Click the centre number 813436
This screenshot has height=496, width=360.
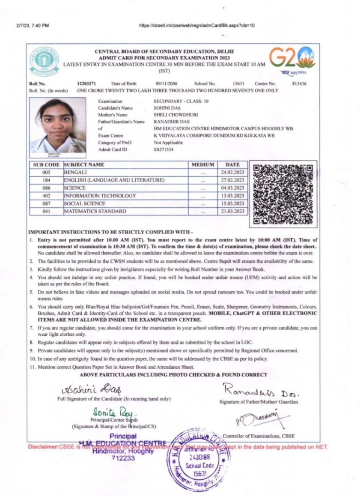[x=299, y=84]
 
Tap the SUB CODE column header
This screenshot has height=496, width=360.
[x=46, y=164]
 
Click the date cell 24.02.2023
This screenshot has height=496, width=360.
[x=232, y=172]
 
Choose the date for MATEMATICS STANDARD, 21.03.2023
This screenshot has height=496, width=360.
[x=232, y=211]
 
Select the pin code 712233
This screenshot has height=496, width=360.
[x=123, y=457]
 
